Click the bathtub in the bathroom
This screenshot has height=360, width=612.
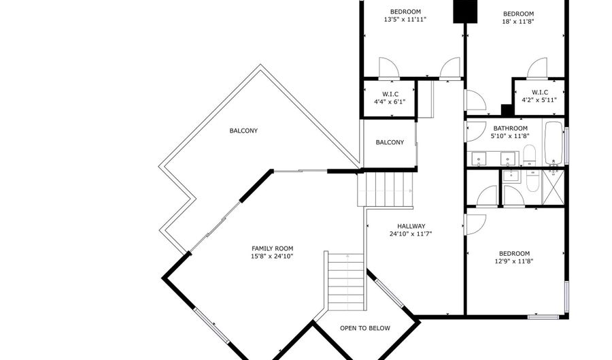tap(554, 144)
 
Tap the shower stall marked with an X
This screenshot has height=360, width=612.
tap(554, 187)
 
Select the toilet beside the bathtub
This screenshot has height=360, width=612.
tap(530, 155)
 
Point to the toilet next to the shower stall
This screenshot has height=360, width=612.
tap(532, 181)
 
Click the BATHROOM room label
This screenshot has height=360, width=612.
tap(510, 128)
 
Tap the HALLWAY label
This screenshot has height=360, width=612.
tap(411, 226)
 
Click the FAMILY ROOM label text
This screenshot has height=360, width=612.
tap(272, 248)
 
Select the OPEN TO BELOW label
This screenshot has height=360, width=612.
tap(365, 329)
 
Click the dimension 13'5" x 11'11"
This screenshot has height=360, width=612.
tap(405, 19)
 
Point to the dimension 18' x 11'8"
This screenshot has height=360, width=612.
tap(518, 22)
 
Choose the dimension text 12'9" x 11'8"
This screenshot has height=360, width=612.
tap(514, 261)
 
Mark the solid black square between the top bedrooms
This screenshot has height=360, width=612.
tap(465, 12)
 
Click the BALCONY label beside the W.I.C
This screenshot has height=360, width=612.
tap(390, 142)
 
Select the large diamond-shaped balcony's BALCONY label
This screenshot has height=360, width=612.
tap(243, 131)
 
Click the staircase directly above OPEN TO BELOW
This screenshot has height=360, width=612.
tap(346, 281)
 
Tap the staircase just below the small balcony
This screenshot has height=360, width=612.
tap(386, 190)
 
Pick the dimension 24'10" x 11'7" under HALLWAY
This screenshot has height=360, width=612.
tap(411, 234)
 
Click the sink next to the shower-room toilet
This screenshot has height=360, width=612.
tap(511, 176)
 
